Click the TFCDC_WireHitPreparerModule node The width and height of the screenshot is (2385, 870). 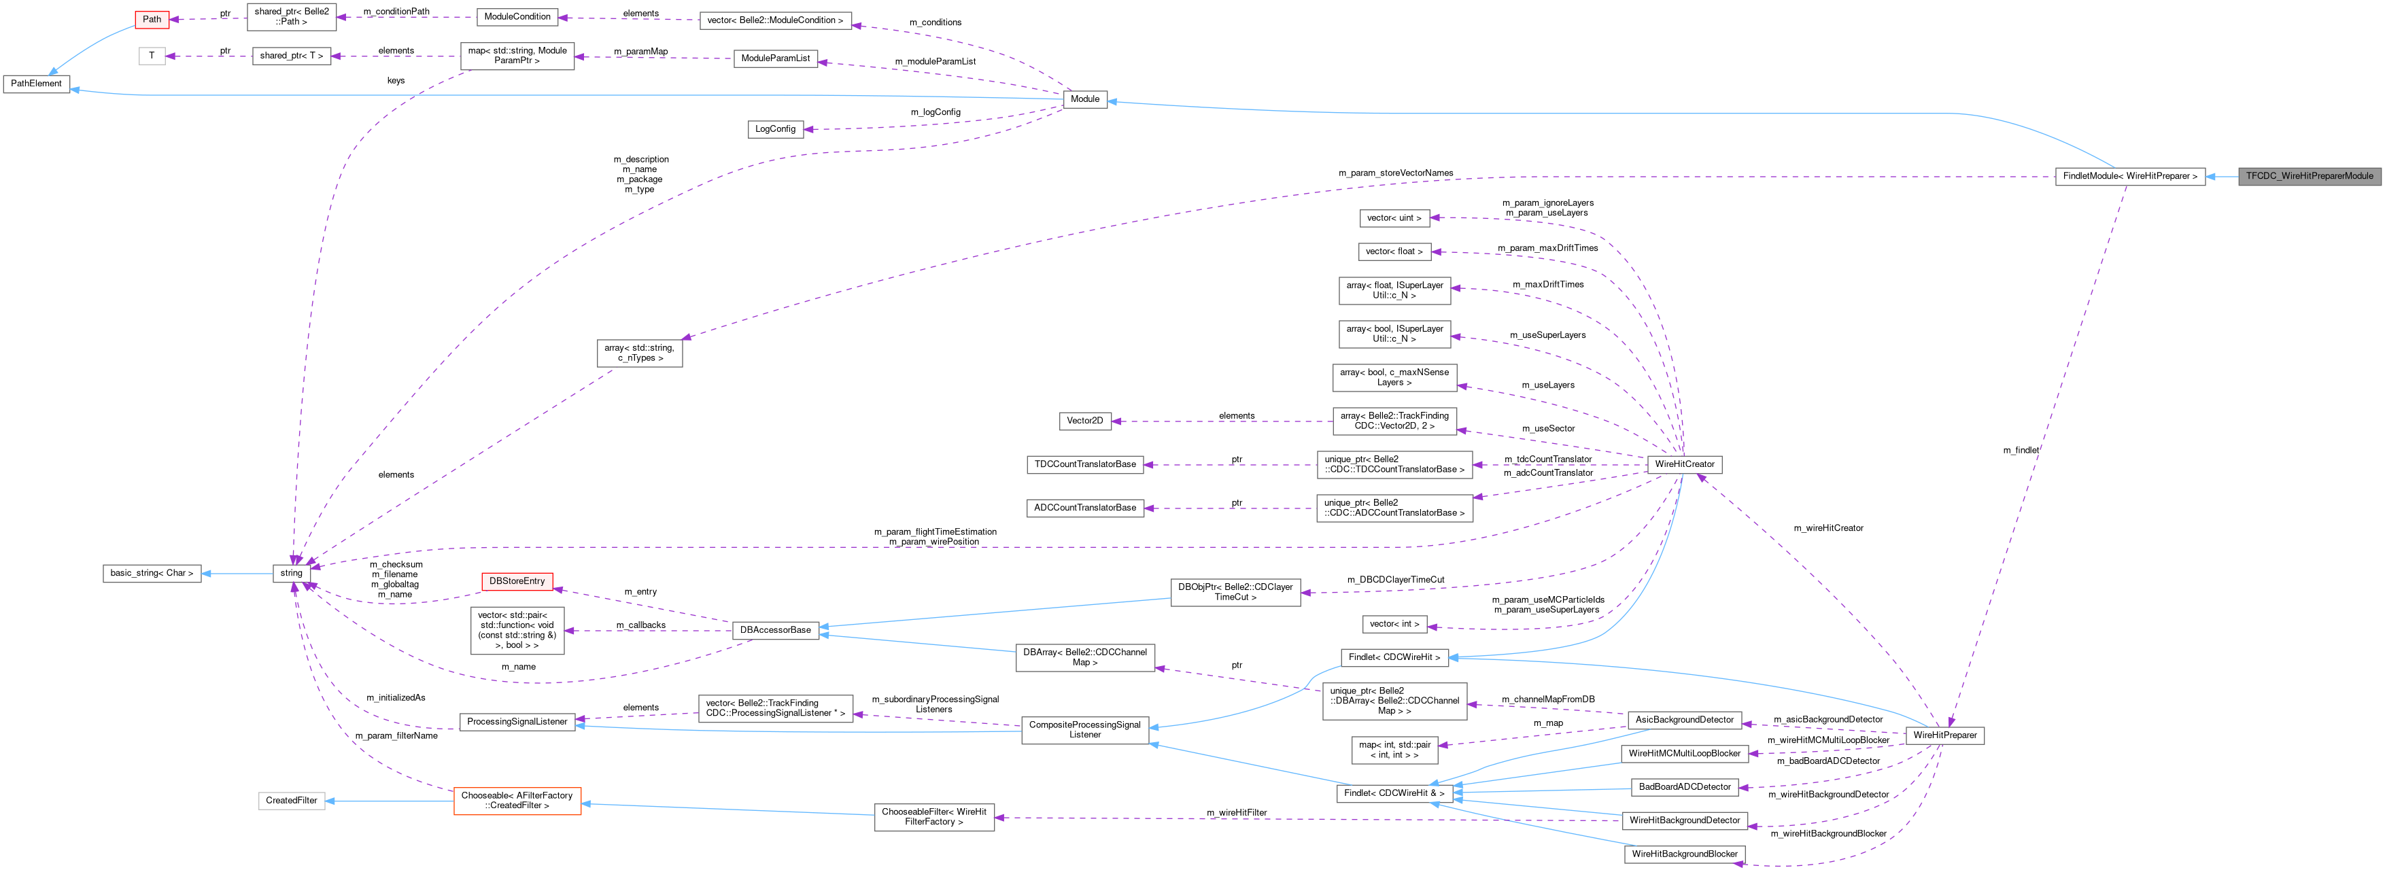2308,176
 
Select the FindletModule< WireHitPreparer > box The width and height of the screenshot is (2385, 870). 2129,176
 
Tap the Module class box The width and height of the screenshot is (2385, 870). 1084,99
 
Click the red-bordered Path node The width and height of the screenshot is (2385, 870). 152,20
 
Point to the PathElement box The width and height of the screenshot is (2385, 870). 36,84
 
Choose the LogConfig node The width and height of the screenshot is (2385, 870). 775,130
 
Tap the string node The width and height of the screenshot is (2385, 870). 292,574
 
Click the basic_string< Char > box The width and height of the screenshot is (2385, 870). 152,574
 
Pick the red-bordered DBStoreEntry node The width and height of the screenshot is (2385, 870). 517,581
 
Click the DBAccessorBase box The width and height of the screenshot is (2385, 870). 775,630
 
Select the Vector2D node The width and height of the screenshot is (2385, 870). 1084,421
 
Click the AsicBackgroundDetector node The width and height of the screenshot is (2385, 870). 1684,720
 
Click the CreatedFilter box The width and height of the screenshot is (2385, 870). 292,801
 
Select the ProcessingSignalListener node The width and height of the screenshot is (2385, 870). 517,722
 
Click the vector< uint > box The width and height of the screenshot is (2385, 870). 1394,218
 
